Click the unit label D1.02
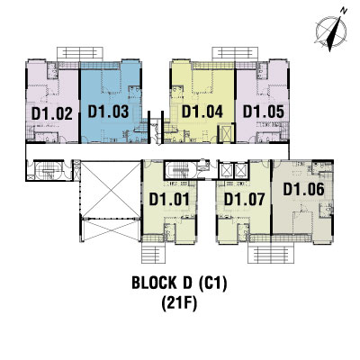(x=52, y=114)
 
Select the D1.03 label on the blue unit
(x=108, y=112)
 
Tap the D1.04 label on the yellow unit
(x=202, y=112)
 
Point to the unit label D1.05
(x=264, y=112)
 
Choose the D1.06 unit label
(x=304, y=189)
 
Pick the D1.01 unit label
(x=169, y=199)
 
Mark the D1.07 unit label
(x=245, y=199)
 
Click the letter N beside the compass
(x=344, y=11)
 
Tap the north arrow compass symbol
(x=331, y=31)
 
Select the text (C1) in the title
(x=213, y=283)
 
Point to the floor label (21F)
(x=179, y=304)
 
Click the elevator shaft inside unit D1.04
(x=226, y=133)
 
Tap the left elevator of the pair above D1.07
(x=225, y=170)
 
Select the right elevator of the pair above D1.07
(x=241, y=170)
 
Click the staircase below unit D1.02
(x=48, y=170)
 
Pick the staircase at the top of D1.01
(x=180, y=170)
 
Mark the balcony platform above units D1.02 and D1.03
(x=80, y=54)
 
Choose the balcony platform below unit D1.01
(x=153, y=253)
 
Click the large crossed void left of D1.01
(x=111, y=190)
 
